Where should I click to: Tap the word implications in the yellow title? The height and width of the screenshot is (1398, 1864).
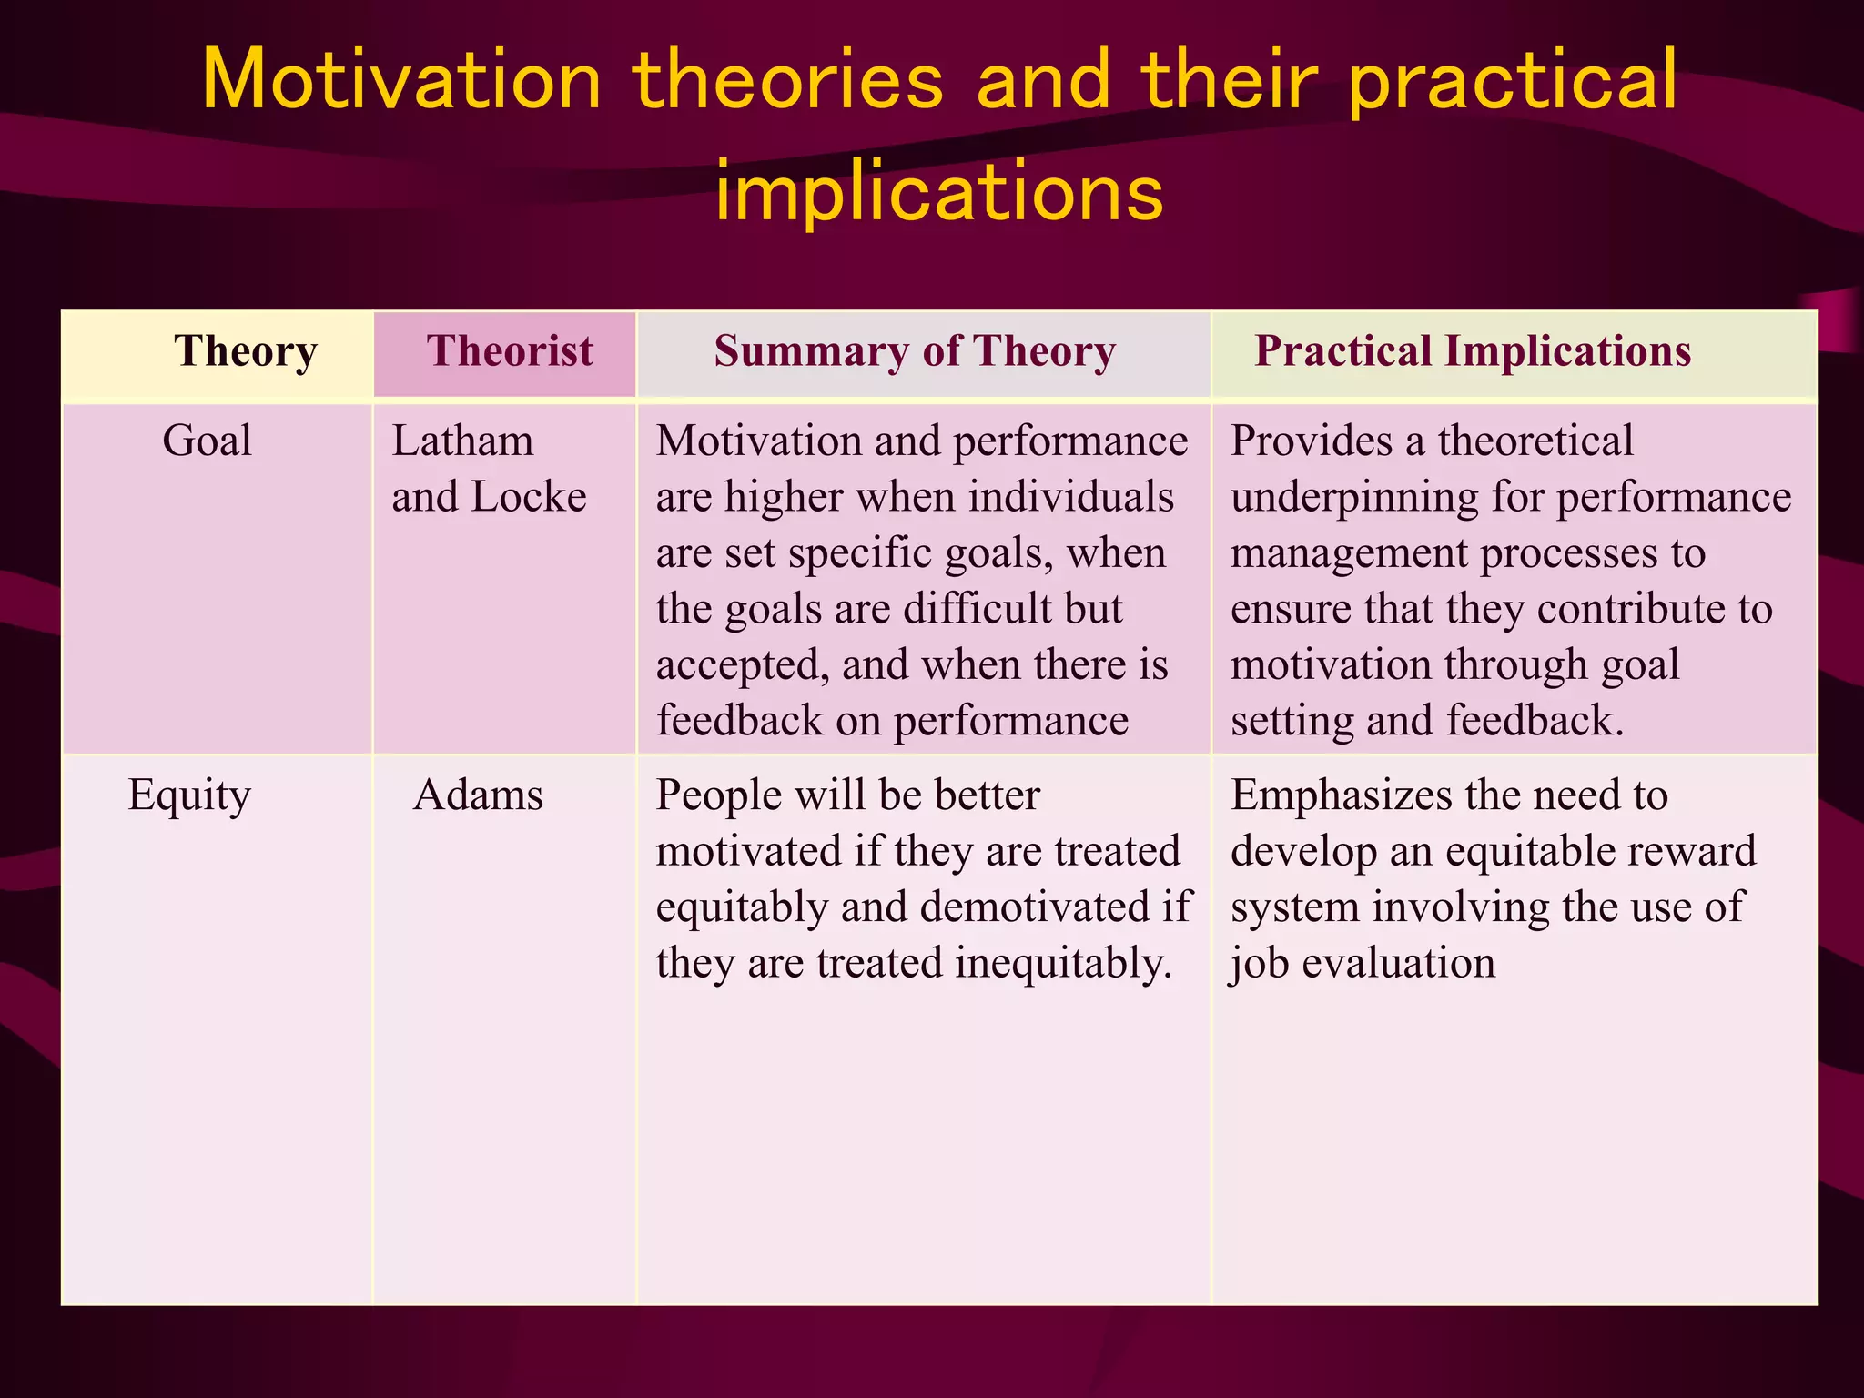click(x=938, y=192)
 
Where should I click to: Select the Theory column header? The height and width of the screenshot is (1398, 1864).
click(x=245, y=351)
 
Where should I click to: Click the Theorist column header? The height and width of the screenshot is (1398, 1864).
click(x=509, y=351)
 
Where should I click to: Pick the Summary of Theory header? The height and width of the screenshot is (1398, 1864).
click(x=914, y=351)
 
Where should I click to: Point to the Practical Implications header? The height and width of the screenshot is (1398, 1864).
click(x=1472, y=351)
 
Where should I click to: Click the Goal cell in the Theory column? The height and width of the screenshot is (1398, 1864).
click(x=207, y=441)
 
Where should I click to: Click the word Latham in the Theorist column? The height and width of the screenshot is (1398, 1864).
click(x=462, y=441)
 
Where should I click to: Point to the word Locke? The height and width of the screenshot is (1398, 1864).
click(x=529, y=498)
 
